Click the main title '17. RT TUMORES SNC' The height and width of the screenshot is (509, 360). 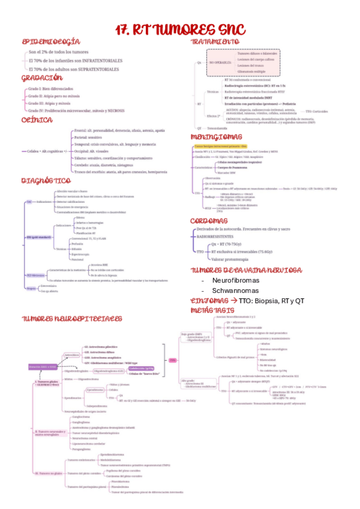[180, 29]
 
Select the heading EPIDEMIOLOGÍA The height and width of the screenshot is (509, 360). [51, 42]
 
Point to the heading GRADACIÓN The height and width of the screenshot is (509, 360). [42, 78]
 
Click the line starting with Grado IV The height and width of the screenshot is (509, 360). [76, 110]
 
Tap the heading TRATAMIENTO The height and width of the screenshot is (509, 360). [219, 42]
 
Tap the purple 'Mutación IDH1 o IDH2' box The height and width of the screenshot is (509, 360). [42, 366]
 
